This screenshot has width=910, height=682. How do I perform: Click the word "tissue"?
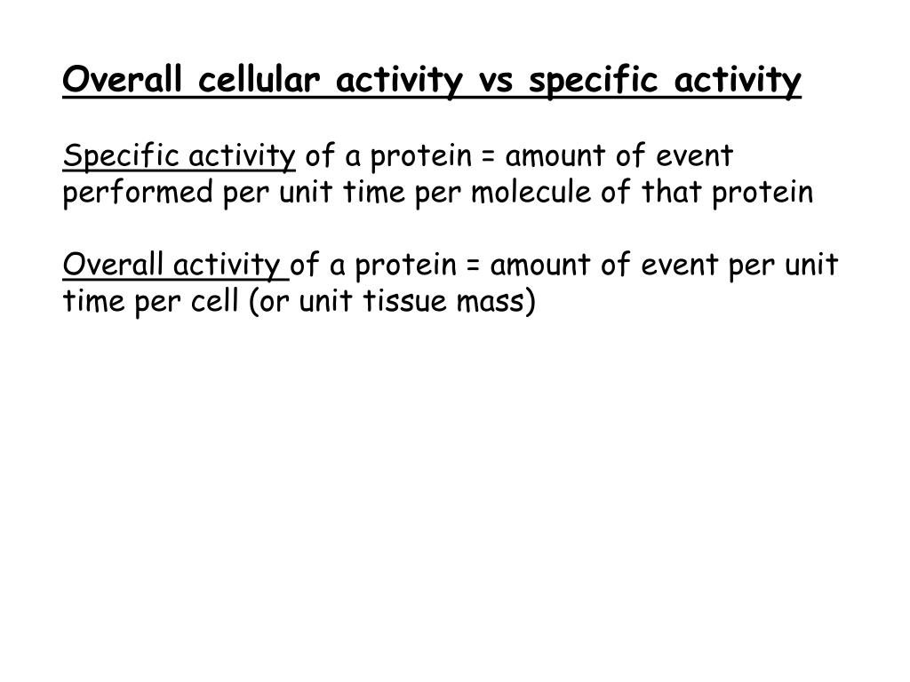point(404,301)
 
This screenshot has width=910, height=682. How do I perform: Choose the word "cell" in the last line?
point(218,301)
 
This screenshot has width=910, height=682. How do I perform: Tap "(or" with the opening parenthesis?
point(269,302)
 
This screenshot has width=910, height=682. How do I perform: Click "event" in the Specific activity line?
point(696,157)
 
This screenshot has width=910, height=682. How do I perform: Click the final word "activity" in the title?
point(738,83)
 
